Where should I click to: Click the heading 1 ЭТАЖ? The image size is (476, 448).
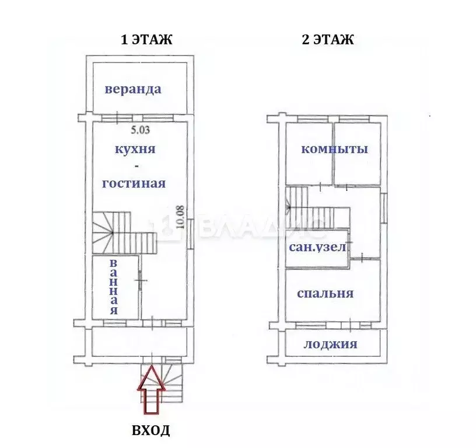click(146, 40)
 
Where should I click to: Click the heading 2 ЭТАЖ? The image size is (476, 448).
click(327, 40)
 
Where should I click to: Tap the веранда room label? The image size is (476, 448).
click(133, 89)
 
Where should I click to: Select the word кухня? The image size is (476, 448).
click(135, 149)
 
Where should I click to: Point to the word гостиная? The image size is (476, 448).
click(134, 183)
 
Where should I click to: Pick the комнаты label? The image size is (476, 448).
click(334, 149)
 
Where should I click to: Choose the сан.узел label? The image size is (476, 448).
click(318, 247)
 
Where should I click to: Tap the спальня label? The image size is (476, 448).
click(325, 293)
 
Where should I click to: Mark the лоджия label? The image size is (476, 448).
click(330, 344)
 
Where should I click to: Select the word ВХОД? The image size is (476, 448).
click(150, 431)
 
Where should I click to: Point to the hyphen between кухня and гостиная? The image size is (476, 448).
click(135, 166)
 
